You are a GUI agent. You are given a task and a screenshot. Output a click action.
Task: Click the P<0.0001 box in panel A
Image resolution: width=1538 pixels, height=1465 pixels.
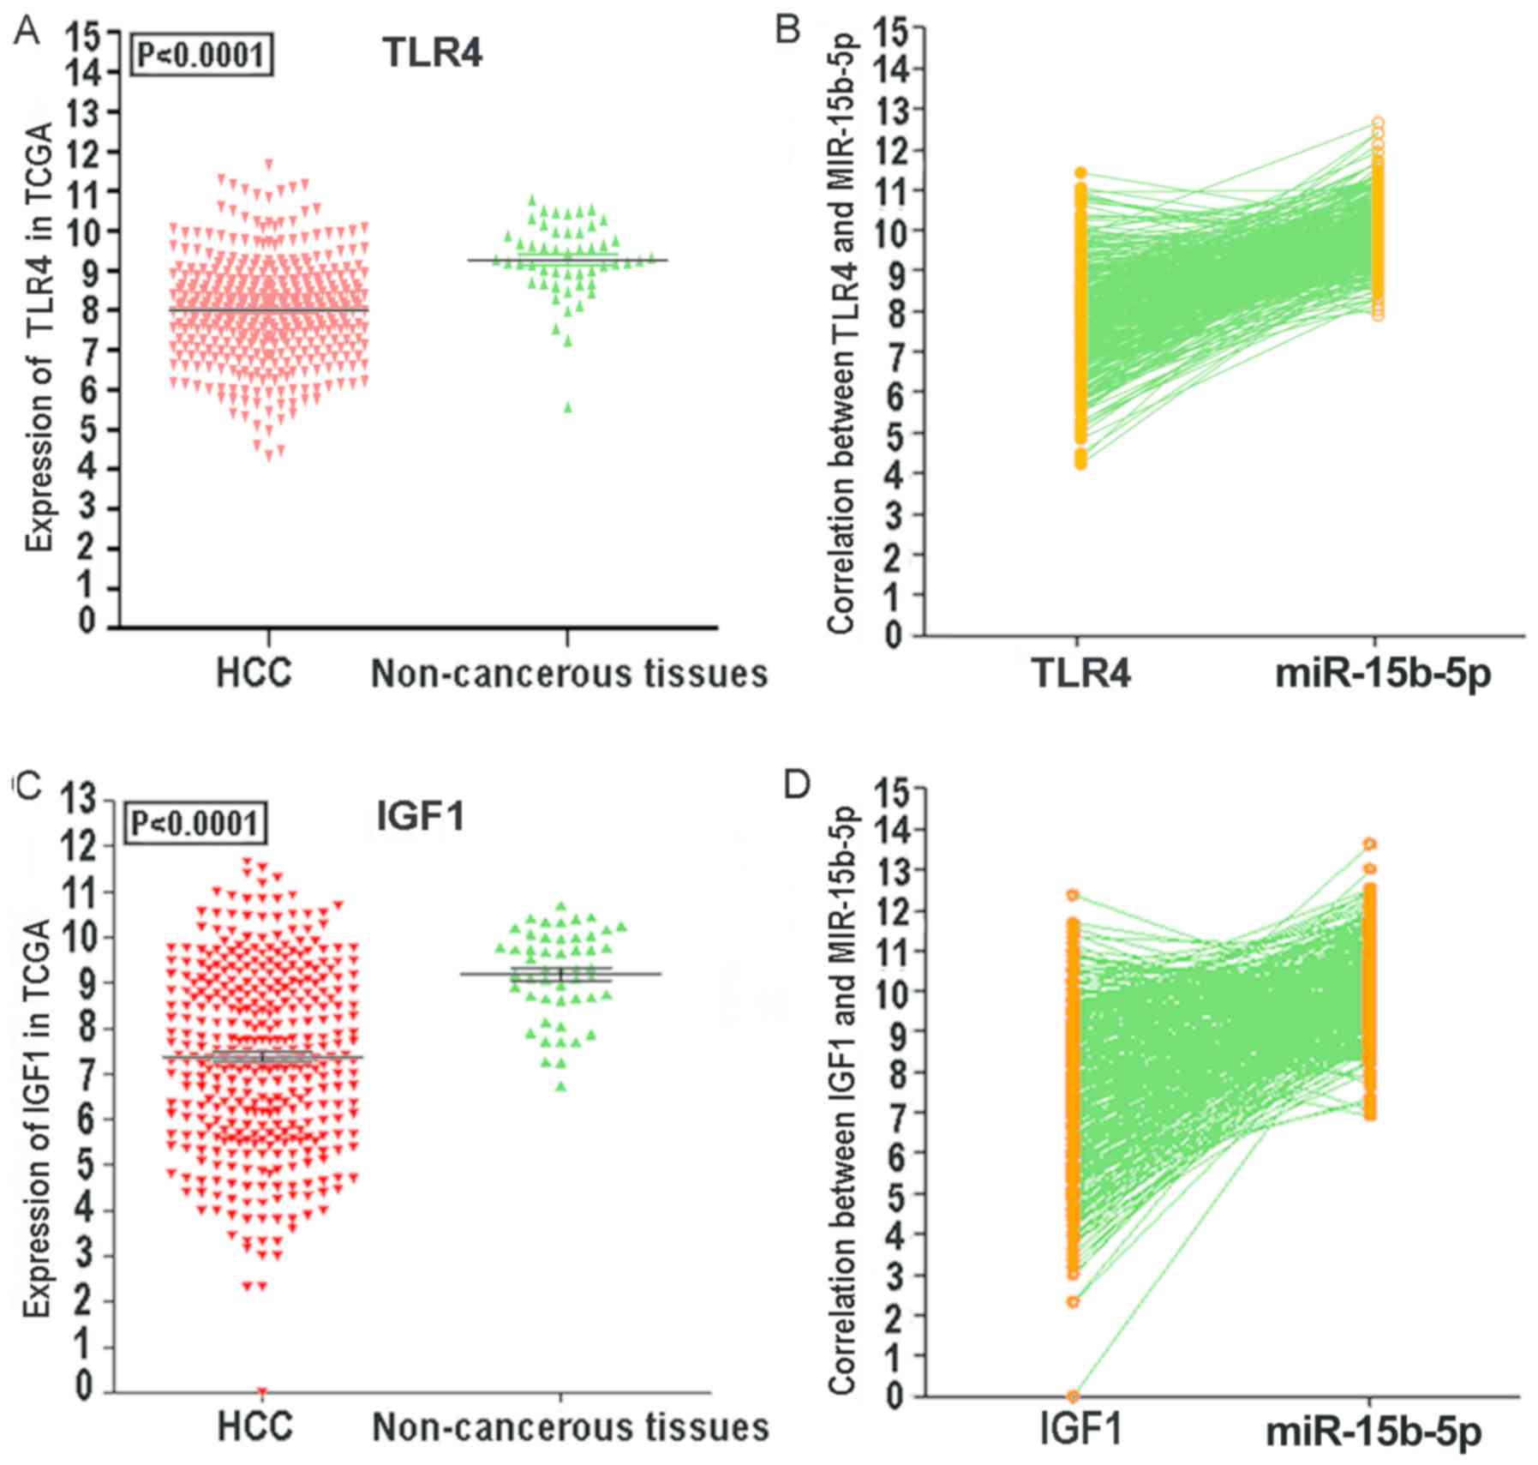click(201, 56)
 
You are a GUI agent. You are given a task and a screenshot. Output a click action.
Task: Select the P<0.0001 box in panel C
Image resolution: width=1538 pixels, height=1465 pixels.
click(194, 824)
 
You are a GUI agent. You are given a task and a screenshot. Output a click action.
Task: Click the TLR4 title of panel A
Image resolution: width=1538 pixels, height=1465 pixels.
click(432, 53)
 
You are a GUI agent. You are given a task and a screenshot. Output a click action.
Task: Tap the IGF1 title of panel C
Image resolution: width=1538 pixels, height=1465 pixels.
click(421, 815)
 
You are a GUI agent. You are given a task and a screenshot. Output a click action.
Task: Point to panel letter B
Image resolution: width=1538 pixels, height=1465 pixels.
click(787, 30)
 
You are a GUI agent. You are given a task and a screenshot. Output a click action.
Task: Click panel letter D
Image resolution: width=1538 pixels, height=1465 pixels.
click(796, 785)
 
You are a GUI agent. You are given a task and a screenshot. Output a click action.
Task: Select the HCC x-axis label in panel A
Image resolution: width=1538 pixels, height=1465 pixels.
click(254, 674)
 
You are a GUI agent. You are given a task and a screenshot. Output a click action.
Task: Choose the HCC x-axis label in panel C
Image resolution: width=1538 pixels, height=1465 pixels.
click(254, 1427)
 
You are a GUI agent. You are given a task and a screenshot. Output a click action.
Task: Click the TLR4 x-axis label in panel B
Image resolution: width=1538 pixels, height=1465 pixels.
click(1081, 674)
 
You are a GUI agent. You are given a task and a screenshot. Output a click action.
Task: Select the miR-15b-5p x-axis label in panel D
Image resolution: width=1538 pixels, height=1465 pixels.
click(1373, 1432)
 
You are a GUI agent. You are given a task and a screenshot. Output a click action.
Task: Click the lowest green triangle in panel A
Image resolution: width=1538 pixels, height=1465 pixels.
click(567, 408)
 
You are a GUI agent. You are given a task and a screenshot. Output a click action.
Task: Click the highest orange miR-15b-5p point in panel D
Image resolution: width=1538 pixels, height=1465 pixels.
click(1370, 844)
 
